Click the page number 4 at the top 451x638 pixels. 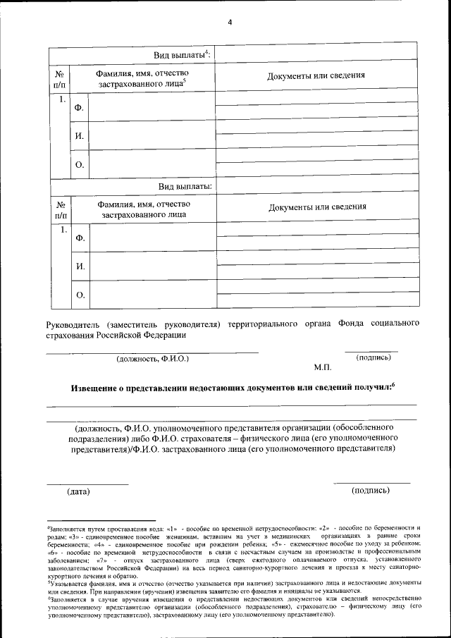coord(229,22)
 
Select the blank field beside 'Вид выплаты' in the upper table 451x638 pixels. coord(314,55)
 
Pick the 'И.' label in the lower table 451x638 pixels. coord(80,266)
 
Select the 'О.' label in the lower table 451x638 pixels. coord(80,295)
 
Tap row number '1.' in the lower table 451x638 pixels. coord(63,230)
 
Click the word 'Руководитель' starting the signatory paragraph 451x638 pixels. coord(71,324)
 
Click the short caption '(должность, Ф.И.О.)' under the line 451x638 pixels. coord(152,359)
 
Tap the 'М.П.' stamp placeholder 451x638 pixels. coord(323,368)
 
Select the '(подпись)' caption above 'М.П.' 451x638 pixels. coord(374,357)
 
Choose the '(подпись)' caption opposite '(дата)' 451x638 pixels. coord(371,490)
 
